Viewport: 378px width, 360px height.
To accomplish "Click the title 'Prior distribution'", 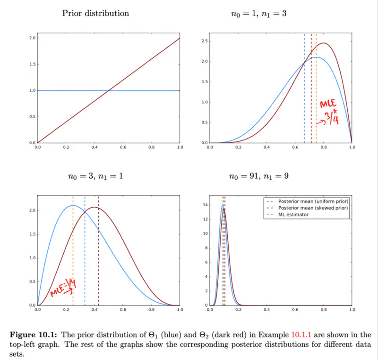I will click(95, 13).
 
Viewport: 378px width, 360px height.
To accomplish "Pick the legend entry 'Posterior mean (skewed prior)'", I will click(314, 208).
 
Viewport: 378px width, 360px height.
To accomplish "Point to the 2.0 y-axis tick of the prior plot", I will click(32, 38).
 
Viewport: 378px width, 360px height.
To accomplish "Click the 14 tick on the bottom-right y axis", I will click(205, 205).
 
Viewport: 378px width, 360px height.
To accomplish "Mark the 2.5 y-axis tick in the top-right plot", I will click(204, 41).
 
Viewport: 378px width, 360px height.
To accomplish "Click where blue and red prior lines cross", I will click(109, 90).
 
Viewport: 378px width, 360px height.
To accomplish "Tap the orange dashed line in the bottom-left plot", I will click(73, 251).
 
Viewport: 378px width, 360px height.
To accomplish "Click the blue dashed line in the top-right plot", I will click(304, 95).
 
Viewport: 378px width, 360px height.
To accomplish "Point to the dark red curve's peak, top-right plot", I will click(324, 43).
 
